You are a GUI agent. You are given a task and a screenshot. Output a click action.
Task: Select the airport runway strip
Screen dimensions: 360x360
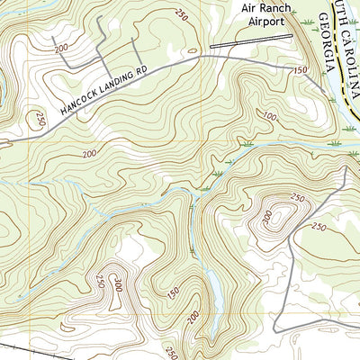[252, 40]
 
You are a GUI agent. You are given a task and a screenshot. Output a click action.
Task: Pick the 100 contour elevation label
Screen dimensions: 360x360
[271, 116]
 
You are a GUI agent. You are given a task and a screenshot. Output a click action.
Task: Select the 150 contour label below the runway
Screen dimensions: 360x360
[301, 69]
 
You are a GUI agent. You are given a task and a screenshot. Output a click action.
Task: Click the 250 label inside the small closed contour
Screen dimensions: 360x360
[298, 198]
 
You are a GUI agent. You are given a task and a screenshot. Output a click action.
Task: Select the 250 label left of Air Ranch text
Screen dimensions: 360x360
[183, 15]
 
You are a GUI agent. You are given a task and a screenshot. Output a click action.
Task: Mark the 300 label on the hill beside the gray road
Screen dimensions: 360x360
[268, 217]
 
